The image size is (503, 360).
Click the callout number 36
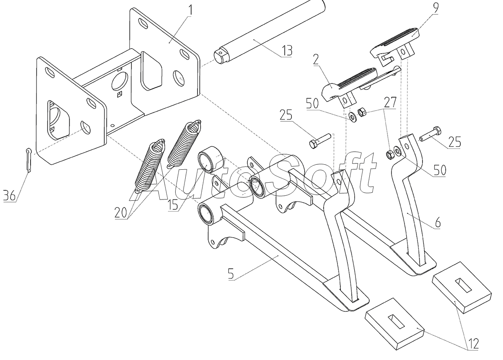[x=9, y=195]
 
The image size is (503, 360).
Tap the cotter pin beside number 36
[x=29, y=161]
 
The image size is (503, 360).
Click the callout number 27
[x=390, y=102]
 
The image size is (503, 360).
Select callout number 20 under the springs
[x=121, y=212]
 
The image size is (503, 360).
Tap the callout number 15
[x=174, y=205]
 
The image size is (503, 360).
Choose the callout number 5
[x=231, y=274]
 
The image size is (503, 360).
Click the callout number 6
[x=438, y=223]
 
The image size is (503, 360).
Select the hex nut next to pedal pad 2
[x=362, y=112]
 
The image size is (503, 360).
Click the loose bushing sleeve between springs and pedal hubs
[x=211, y=160]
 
